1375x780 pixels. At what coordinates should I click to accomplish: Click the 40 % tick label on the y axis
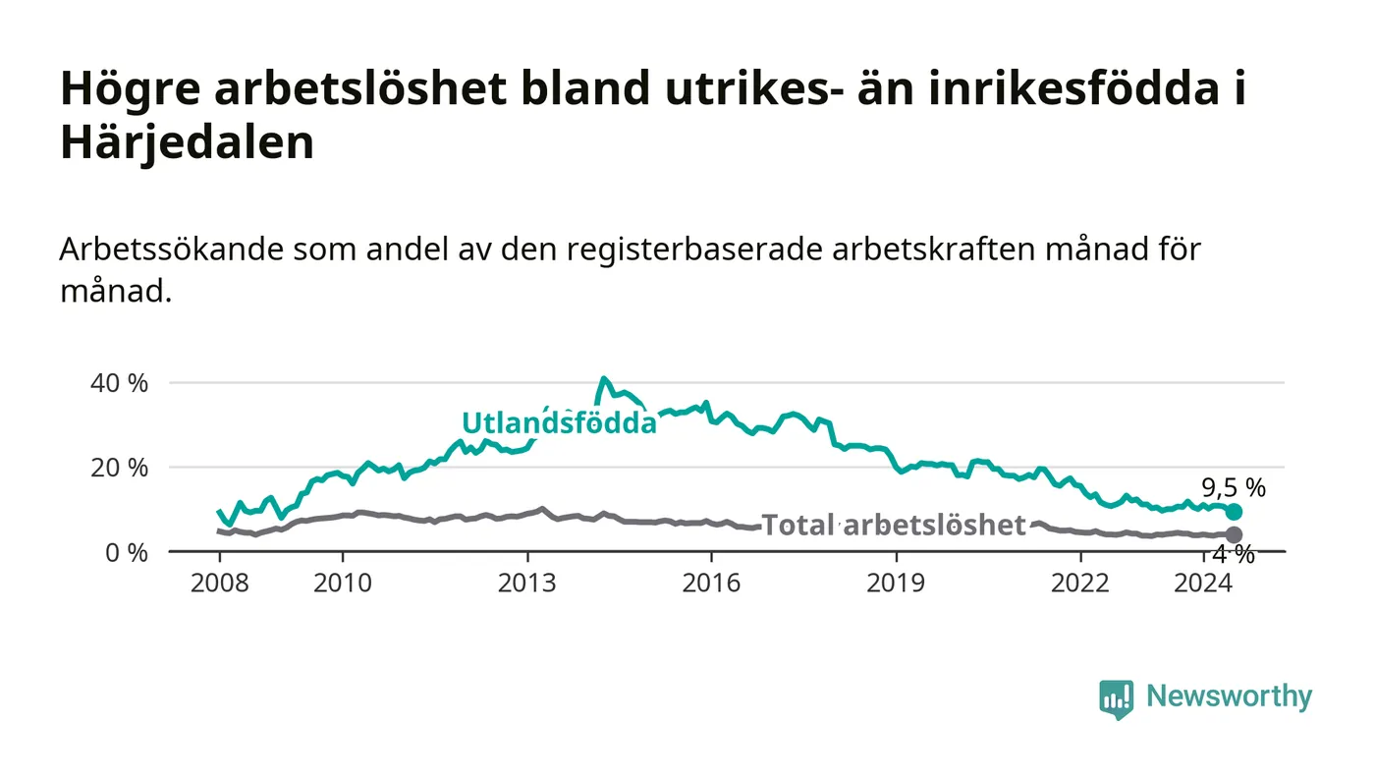click(x=119, y=383)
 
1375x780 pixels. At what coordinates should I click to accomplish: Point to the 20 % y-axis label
click(x=119, y=468)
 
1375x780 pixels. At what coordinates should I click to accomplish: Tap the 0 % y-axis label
click(x=127, y=553)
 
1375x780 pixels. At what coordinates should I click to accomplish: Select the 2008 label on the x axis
click(x=220, y=583)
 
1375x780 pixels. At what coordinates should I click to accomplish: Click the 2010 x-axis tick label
click(x=343, y=583)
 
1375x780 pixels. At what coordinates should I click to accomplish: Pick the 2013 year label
click(x=526, y=583)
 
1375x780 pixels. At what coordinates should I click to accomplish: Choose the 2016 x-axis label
click(x=711, y=583)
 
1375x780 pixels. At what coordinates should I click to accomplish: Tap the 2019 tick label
click(x=896, y=583)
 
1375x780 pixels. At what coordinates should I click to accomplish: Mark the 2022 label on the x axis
click(x=1080, y=583)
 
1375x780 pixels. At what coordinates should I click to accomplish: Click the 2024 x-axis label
click(x=1203, y=583)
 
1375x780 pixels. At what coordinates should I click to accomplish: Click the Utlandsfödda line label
click(x=559, y=422)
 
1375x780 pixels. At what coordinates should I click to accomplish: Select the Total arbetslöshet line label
click(x=894, y=526)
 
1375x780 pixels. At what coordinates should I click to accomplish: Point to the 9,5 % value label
click(x=1234, y=488)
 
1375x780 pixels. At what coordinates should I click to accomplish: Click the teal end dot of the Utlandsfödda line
click(x=1234, y=512)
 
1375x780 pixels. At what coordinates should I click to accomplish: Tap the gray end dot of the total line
click(x=1234, y=535)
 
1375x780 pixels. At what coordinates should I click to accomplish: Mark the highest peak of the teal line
click(x=604, y=379)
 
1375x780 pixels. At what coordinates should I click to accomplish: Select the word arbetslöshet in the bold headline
click(x=360, y=88)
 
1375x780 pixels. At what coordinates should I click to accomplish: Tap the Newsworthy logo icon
click(x=1116, y=699)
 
